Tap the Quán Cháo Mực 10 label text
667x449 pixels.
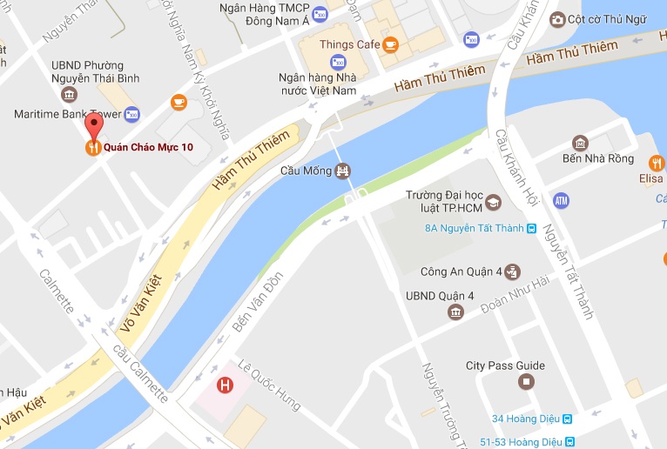147,148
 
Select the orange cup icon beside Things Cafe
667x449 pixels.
390,44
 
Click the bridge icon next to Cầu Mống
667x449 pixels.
345,171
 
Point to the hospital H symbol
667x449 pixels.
225,384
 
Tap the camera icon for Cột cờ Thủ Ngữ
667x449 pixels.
557,19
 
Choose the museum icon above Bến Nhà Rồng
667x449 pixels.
580,143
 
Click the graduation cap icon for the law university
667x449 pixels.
494,202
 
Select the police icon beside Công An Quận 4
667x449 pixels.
513,271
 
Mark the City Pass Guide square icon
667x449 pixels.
525,381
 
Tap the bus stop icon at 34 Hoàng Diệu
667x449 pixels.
567,419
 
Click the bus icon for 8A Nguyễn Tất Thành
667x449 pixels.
532,229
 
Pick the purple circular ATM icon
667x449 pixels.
561,200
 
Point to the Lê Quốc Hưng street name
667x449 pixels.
273,388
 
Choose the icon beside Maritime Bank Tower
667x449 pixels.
131,114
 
